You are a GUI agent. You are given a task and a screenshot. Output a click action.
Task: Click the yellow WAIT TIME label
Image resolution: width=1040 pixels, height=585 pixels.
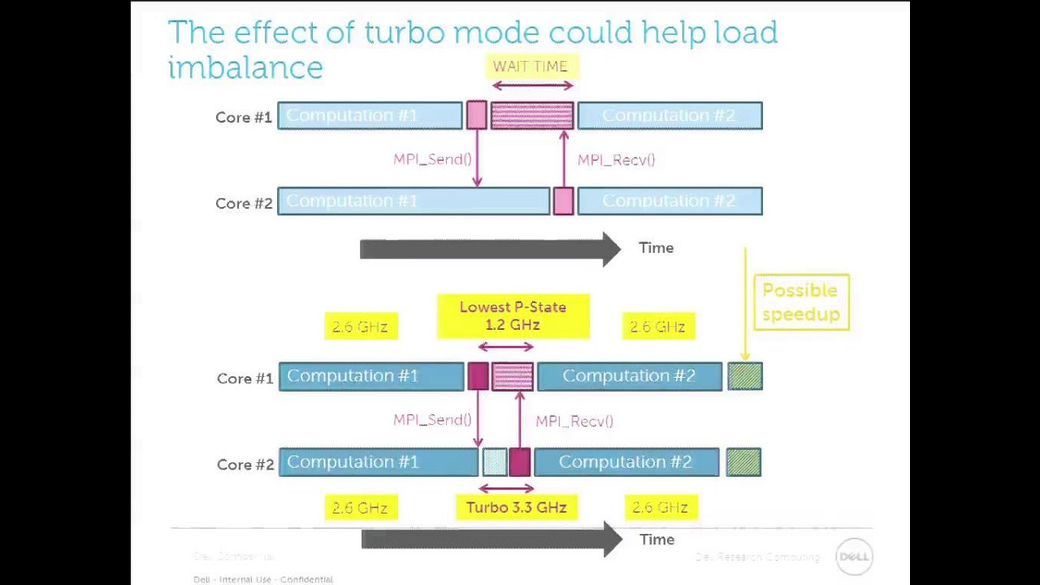(x=531, y=67)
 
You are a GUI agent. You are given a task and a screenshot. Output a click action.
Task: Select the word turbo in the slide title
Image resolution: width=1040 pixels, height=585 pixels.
(x=404, y=32)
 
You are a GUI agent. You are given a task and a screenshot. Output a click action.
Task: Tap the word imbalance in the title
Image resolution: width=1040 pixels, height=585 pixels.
(x=245, y=67)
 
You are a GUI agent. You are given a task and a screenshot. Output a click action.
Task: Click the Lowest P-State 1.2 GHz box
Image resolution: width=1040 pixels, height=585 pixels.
(x=513, y=316)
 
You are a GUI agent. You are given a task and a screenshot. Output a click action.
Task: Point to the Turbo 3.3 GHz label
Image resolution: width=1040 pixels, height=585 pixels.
(x=516, y=508)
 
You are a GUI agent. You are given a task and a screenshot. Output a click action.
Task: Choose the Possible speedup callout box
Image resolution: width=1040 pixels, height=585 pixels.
(x=800, y=302)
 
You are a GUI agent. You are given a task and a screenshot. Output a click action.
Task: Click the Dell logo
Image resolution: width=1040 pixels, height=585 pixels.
(x=853, y=557)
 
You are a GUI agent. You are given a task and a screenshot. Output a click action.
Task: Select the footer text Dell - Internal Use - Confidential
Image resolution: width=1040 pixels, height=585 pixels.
(x=262, y=579)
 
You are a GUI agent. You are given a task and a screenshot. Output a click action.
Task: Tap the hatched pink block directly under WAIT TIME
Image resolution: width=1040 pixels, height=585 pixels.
(x=532, y=116)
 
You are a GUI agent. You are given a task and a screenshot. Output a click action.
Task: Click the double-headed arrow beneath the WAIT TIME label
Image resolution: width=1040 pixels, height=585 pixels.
(x=532, y=85)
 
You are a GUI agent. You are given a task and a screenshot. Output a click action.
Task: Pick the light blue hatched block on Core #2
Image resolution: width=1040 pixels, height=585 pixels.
(x=495, y=462)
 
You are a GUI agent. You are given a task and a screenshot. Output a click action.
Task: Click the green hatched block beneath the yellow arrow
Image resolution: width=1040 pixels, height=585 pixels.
(x=744, y=376)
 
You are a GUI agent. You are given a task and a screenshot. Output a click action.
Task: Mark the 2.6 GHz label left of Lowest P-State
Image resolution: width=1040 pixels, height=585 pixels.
(x=360, y=327)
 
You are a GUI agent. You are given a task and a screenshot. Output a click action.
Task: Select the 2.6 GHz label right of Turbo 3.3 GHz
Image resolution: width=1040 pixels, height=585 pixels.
(x=660, y=508)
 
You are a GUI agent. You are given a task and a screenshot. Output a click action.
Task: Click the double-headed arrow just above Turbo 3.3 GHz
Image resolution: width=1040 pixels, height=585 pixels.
(x=506, y=488)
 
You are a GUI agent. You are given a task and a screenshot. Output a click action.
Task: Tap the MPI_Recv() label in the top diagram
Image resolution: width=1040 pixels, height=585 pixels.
(x=616, y=160)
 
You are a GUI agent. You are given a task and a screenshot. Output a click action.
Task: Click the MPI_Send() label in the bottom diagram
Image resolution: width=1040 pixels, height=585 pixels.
(x=432, y=420)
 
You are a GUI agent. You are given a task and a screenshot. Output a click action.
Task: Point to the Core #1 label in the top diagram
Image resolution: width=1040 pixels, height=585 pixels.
(x=243, y=117)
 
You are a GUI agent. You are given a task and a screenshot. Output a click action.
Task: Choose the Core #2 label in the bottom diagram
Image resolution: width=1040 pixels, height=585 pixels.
(x=245, y=465)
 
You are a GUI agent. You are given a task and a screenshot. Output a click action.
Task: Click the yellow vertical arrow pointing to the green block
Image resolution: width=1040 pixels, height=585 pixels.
(x=745, y=305)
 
